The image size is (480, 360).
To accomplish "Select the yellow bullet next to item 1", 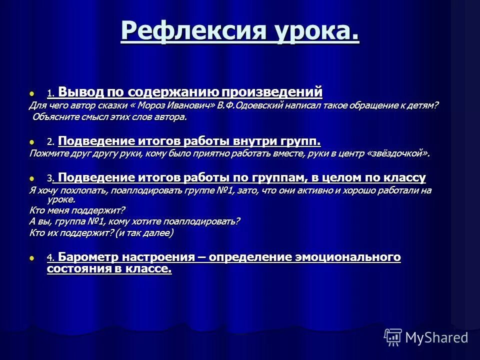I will point(33,93).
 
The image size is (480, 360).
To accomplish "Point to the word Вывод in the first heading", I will point(80,92).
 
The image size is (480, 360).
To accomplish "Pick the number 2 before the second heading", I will point(49,142).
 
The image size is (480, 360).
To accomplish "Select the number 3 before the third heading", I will point(49,178).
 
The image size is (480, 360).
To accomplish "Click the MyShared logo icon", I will point(393,337).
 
